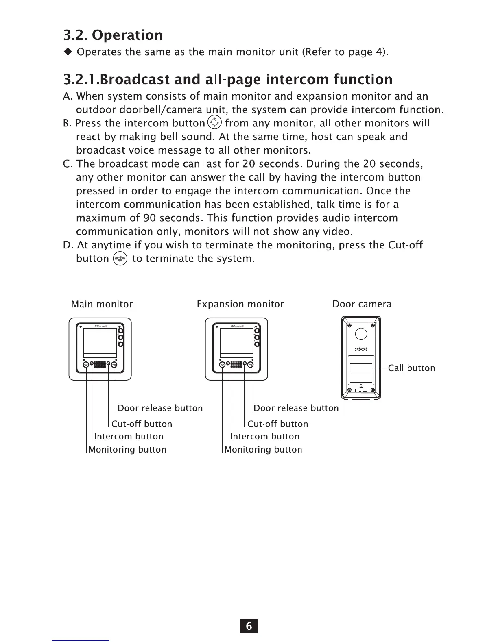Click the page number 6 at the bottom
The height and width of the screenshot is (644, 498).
point(249,626)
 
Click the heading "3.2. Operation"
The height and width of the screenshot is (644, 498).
point(113,35)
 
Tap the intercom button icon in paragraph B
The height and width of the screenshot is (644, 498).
point(214,122)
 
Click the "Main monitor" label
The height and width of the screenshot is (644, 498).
point(102,304)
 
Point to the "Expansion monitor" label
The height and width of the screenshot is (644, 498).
point(240,304)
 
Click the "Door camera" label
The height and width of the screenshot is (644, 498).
point(362,304)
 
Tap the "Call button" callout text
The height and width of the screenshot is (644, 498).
point(411,368)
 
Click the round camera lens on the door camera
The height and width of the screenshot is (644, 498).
point(361,334)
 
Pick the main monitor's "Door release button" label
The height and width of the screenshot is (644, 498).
point(160,408)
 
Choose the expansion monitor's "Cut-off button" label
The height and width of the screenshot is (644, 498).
point(277,424)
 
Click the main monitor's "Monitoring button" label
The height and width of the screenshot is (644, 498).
point(127,450)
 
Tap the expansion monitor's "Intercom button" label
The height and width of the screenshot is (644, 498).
point(264,437)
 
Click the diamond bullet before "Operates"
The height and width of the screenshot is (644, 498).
point(68,52)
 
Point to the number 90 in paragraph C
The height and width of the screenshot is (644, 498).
point(149,218)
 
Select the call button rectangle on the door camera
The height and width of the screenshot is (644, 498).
point(361,372)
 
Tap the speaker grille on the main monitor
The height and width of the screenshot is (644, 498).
point(100,365)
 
